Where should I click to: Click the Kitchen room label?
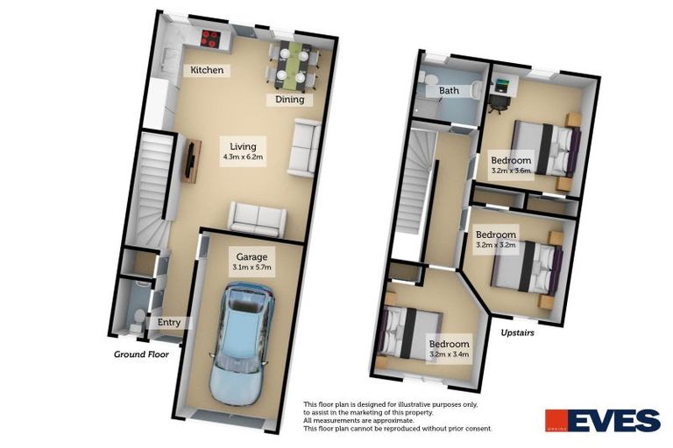point(208,70)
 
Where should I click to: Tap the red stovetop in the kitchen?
point(210,38)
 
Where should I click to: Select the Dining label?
point(290,99)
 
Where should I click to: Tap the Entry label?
point(169,323)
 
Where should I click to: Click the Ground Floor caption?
point(140,354)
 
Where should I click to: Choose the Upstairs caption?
point(518,333)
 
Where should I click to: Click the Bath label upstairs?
point(450,90)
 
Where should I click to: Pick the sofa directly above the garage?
point(257,216)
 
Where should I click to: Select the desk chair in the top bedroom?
point(497,102)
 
